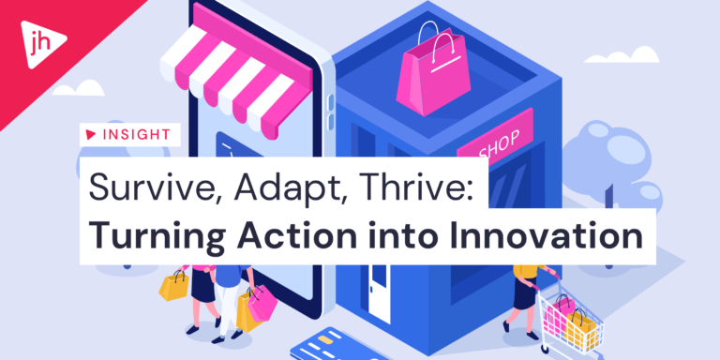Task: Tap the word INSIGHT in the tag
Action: tap(136, 134)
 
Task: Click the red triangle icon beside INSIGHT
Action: tap(91, 134)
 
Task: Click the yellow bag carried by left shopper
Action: tap(173, 283)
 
